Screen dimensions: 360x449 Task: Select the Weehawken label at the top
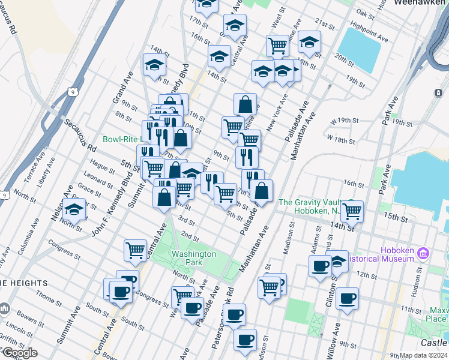421,3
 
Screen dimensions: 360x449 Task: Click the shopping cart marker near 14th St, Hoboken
352,211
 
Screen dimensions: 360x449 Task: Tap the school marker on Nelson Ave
74,211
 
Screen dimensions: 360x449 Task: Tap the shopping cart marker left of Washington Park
136,250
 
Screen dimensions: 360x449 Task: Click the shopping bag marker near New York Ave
246,104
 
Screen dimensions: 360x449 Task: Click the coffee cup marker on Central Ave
121,293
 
